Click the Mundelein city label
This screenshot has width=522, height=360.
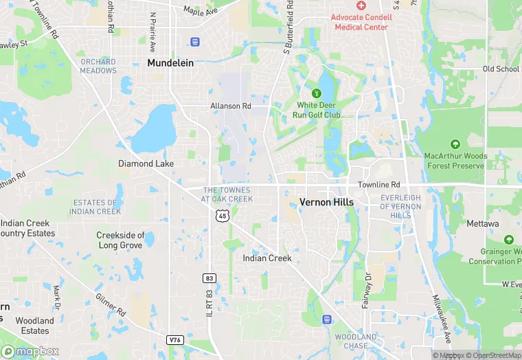tap(170, 63)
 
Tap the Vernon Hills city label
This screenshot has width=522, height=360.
tap(326, 202)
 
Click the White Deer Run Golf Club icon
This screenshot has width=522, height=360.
tap(317, 93)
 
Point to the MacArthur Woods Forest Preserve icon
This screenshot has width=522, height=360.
tap(455, 144)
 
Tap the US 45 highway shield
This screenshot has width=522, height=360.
tap(221, 216)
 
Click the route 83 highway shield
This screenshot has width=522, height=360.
tap(209, 278)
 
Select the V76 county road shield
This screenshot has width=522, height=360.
tap(175, 339)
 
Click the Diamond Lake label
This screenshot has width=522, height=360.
tap(146, 164)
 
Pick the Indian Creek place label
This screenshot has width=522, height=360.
tap(267, 258)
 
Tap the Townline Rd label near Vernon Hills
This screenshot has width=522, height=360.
tap(378, 185)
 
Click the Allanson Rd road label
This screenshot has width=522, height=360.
tap(231, 106)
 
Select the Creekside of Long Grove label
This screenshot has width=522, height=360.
tap(121, 240)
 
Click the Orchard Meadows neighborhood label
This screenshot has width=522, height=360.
tap(98, 66)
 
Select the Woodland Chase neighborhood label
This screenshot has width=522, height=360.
tap(356, 341)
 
